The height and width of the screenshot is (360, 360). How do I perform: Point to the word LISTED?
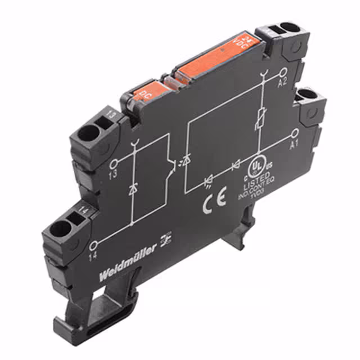(x=254, y=186)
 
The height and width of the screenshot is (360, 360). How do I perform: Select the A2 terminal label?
(x=283, y=83)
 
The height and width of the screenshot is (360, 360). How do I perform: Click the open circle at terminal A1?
(x=295, y=133)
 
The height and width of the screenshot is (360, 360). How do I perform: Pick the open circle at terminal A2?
(x=283, y=73)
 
